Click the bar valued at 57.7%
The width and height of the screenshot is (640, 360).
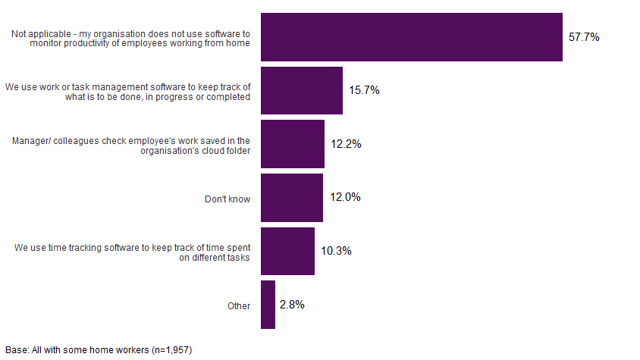(411, 36)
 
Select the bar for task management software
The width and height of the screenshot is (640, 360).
(301, 90)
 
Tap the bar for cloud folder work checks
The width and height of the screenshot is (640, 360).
(292, 144)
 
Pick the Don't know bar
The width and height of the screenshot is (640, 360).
(291, 198)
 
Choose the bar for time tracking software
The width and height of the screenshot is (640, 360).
(287, 251)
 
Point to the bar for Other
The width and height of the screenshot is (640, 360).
(268, 305)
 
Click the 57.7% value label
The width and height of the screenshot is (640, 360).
(584, 36)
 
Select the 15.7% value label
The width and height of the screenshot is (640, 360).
(364, 90)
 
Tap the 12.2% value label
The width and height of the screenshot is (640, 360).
(346, 144)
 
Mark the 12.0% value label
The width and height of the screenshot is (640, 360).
(345, 198)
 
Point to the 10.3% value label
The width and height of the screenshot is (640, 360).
(336, 251)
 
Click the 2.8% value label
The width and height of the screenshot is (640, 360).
(292, 305)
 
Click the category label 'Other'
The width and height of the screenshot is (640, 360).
(238, 306)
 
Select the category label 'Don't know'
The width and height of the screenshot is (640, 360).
(227, 199)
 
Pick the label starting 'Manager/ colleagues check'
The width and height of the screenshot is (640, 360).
(132, 146)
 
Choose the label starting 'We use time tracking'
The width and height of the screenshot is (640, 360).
(133, 252)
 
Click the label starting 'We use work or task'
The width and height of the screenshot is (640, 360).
(128, 92)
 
